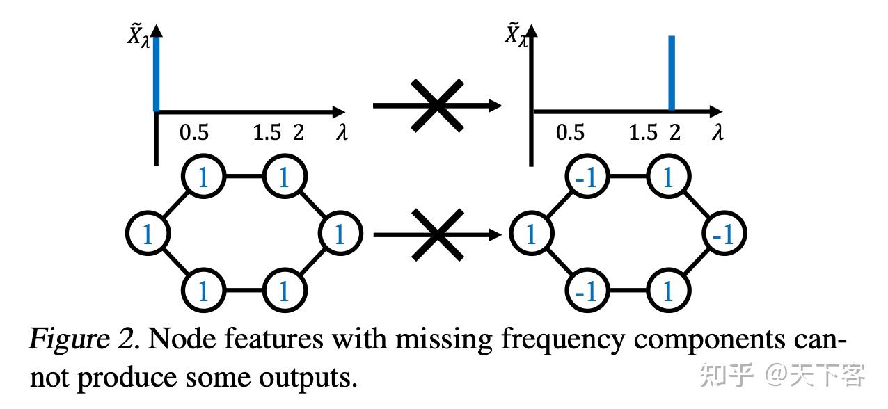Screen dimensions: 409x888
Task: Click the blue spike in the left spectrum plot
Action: point(157,74)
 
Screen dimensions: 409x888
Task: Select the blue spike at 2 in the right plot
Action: point(672,74)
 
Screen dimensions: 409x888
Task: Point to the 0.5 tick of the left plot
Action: point(194,132)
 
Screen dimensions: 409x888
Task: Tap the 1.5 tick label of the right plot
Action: point(642,132)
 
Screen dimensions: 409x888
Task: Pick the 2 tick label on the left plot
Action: point(299,132)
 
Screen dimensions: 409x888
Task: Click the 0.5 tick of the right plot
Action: point(570,132)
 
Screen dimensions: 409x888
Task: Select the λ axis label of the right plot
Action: point(717,132)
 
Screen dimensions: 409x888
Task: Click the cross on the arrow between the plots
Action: point(437,106)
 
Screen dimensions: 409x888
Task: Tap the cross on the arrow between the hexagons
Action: point(437,235)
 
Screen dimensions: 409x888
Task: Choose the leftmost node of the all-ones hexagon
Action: point(148,234)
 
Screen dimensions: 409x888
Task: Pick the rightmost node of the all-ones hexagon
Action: point(340,234)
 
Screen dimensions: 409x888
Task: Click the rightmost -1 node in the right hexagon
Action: point(724,234)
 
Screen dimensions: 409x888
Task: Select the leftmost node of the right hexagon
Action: point(531,234)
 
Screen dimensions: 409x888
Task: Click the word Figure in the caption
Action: point(66,339)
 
